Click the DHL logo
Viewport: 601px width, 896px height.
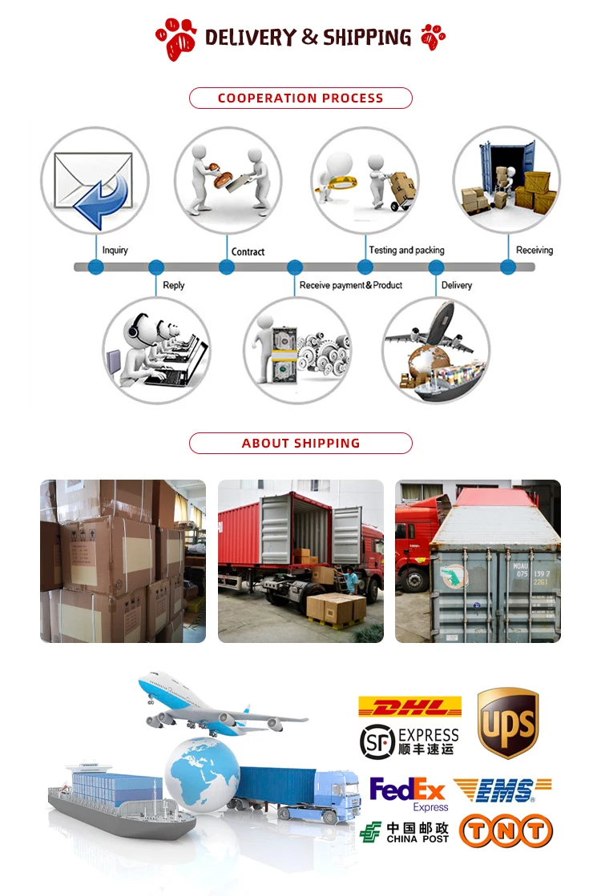(409, 707)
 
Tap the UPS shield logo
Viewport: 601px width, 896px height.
(507, 723)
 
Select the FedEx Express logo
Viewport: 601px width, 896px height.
(408, 794)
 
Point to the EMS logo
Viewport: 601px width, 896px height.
(502, 790)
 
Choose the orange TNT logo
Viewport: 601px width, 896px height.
(506, 830)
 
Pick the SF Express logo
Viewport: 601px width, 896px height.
(409, 741)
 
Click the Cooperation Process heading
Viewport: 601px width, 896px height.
(300, 98)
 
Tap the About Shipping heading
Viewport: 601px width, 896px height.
(300, 443)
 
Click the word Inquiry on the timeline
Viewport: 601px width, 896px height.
(115, 251)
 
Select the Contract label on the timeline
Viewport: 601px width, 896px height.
(248, 251)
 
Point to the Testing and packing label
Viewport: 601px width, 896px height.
(406, 251)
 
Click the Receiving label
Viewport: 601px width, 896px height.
(534, 251)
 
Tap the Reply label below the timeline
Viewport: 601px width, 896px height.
(174, 285)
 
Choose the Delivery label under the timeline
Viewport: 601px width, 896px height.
(457, 285)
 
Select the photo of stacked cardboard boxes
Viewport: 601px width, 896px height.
(123, 561)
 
